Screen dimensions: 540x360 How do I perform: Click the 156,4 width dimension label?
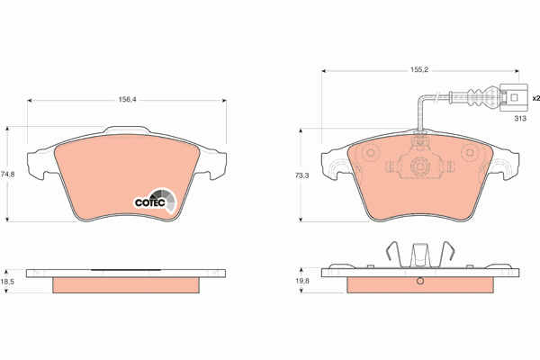click(128, 100)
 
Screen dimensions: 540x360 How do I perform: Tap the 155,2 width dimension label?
click(418, 69)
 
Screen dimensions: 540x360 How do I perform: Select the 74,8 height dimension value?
click(7, 175)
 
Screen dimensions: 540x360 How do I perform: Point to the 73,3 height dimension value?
click(301, 175)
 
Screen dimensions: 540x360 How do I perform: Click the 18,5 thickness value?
click(7, 282)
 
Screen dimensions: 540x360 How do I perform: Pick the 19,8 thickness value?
click(302, 281)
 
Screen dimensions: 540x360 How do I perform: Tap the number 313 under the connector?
click(520, 119)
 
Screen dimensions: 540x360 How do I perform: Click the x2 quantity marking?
click(535, 98)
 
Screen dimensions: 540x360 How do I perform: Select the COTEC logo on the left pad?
click(156, 202)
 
